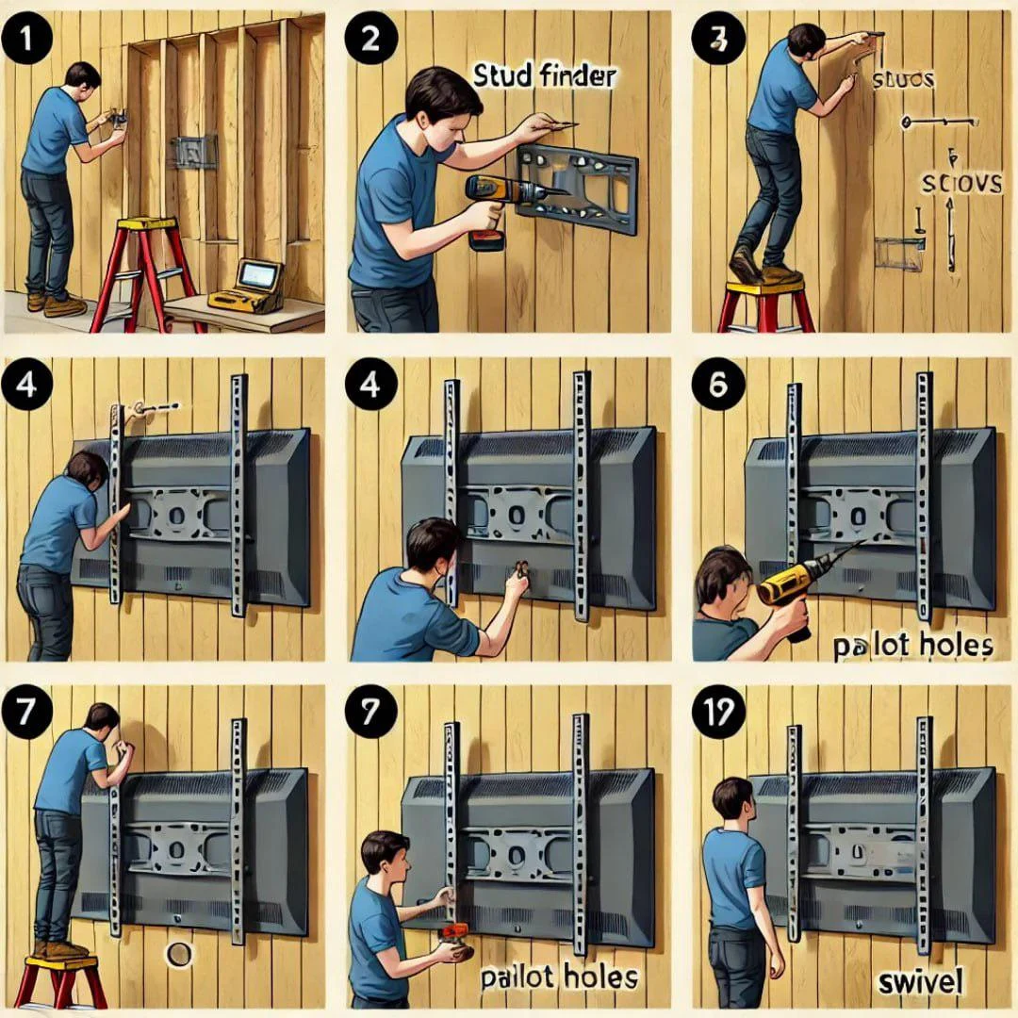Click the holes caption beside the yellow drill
tap(911, 647)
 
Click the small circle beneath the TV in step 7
tap(176, 954)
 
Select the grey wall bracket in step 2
tap(577, 188)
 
